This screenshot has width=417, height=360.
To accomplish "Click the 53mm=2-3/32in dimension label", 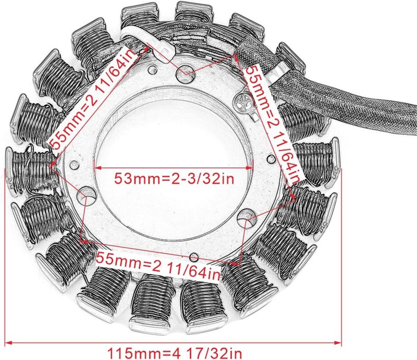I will pos(173,178).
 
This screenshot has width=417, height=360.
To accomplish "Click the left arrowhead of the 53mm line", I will pos(95,168).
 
